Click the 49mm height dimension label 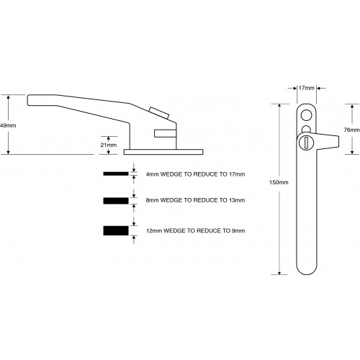9,125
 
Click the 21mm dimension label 108,144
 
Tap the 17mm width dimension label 306,89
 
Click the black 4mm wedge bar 114,174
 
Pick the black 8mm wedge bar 114,199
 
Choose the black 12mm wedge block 114,230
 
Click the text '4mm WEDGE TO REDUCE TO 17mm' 194,174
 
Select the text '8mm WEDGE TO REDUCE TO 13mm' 194,199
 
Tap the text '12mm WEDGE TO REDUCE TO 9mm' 194,230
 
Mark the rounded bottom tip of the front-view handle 306,272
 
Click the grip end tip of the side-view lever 30,99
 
